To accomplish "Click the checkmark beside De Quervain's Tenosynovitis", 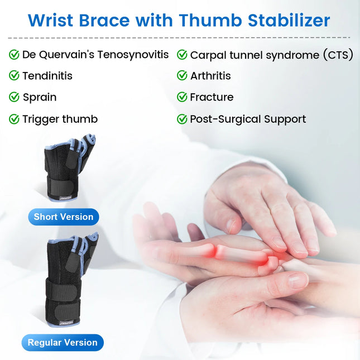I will tap(14, 55).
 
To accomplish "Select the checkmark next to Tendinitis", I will tap(14, 76).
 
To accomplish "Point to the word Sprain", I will tap(39, 97).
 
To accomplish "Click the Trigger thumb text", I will tap(60, 119).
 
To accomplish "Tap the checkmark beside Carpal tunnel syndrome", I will tap(182, 55).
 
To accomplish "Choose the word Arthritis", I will tap(210, 76).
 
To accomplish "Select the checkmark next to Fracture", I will tap(182, 97).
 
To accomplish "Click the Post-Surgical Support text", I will tap(248, 119).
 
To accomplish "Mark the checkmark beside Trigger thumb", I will tap(14, 119).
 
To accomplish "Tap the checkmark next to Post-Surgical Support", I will tap(182, 119).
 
